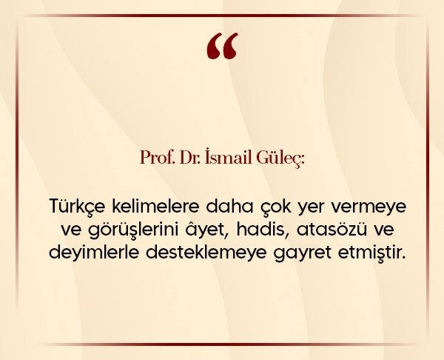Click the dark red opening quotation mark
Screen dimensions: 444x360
(x=222, y=46)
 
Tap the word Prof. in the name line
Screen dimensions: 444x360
(x=157, y=158)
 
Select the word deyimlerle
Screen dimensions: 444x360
(x=94, y=253)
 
